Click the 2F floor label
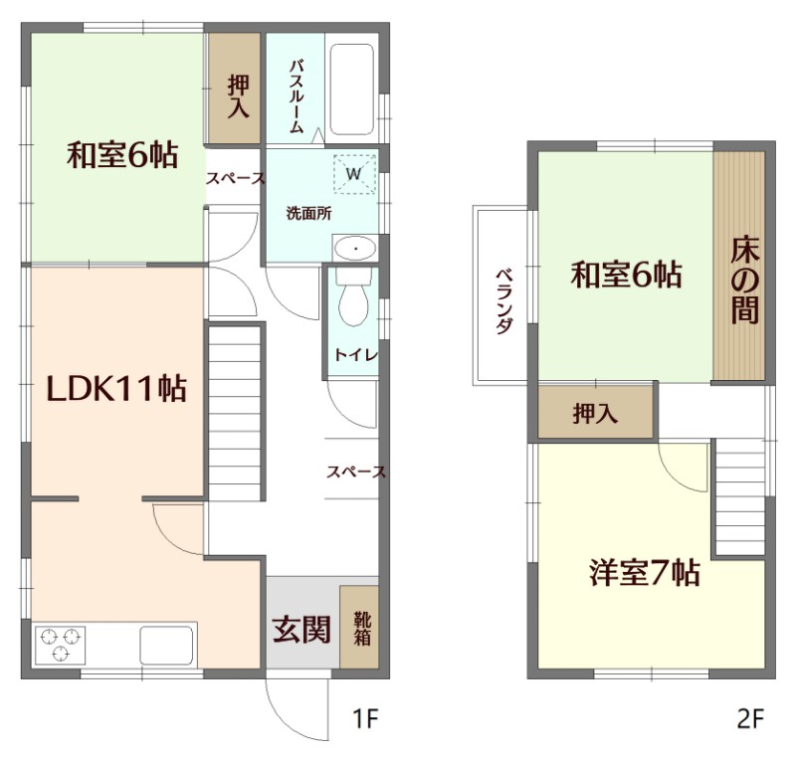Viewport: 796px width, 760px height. [x=750, y=718]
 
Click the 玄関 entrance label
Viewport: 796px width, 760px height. [x=301, y=630]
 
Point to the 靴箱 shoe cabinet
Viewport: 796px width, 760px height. [x=359, y=627]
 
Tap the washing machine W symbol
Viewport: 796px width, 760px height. [x=354, y=173]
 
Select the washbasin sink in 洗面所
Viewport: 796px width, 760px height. [x=353, y=247]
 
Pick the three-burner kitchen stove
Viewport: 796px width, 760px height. [x=61, y=644]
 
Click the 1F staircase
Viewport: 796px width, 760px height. [x=235, y=413]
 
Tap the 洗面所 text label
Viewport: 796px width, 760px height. [x=308, y=214]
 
